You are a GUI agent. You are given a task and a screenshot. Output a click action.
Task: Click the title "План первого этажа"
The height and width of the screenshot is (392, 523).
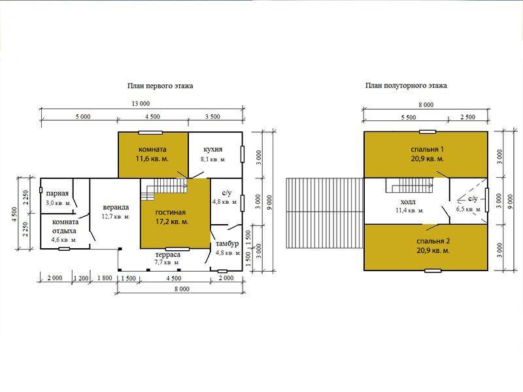coord(160,86)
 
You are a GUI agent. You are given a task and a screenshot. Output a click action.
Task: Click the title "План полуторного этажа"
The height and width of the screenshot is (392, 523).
coord(406,86)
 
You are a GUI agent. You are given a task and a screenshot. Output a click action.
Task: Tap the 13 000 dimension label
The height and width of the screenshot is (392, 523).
coord(141,104)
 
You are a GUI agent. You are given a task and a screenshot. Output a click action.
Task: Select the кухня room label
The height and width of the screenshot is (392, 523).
coord(213,150)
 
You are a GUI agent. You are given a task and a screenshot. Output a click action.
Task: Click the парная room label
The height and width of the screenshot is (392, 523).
coord(58,193)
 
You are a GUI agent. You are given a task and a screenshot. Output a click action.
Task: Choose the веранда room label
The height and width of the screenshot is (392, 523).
coord(116,207)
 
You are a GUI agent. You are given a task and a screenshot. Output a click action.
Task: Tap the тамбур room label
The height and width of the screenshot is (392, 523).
coord(227,244)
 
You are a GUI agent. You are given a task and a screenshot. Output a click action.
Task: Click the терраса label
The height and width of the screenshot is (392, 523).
coord(168,255)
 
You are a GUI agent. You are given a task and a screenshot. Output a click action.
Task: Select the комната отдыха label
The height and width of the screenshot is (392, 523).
coord(65,226)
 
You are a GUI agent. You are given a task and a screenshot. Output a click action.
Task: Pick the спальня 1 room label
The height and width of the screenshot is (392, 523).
coord(428,150)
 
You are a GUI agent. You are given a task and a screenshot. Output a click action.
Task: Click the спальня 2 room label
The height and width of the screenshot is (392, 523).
coord(433,241)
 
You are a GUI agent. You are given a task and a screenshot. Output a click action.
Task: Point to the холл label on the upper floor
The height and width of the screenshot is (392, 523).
coord(408,203)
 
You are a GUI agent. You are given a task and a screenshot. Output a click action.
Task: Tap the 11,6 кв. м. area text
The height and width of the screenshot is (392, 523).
coord(152,159)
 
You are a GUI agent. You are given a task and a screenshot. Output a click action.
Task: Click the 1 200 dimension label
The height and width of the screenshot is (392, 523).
coord(81,278)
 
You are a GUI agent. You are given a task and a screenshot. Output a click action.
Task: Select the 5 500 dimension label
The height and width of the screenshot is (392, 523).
coord(408,118)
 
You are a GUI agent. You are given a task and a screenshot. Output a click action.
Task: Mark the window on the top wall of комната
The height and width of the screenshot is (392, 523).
coord(150,133)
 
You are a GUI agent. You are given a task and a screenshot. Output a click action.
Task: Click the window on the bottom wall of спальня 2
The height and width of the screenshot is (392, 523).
coord(433,270)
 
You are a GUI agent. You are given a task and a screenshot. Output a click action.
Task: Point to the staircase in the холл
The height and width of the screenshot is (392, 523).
coord(410,186)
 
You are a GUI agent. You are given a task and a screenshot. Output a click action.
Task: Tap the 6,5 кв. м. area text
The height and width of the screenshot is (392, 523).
coord(469,210)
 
